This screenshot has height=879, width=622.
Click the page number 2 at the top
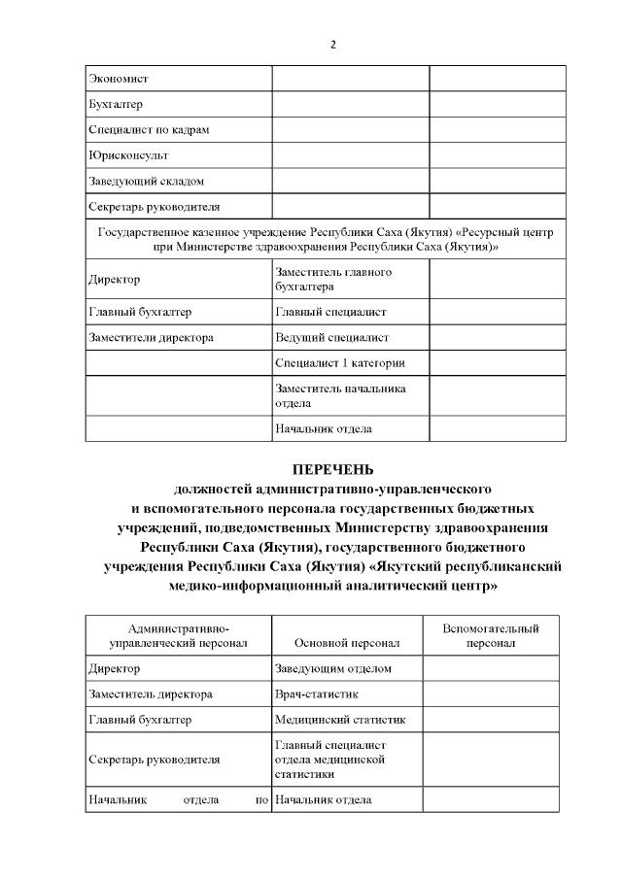coord(332,45)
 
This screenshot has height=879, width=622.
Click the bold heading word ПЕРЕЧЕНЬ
coord(332,469)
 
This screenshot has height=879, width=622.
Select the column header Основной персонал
coord(346,642)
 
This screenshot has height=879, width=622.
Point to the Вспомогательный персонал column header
coord(490,636)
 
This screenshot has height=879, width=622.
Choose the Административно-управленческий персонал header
coord(178,636)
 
